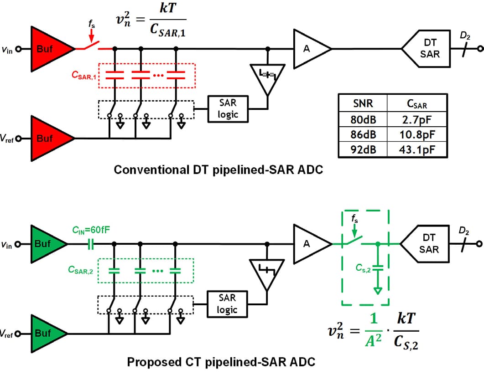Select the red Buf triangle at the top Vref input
(48, 138)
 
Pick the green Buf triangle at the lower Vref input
(48, 333)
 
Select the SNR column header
(363, 104)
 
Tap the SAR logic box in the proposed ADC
(227, 303)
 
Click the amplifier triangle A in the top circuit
(310, 49)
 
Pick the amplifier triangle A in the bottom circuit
(310, 244)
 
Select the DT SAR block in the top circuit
(425, 48)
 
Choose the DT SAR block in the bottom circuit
(424, 244)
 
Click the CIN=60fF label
(90, 231)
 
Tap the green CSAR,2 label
(81, 270)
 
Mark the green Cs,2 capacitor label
(365, 268)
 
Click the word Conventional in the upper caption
(150, 170)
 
